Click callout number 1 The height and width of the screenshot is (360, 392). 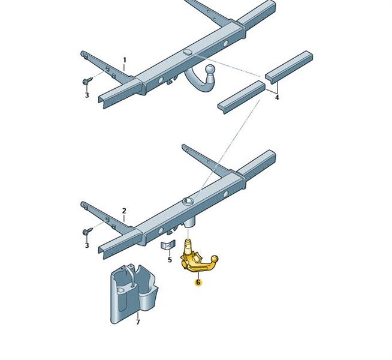click(125, 60)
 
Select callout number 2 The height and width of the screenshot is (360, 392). click(124, 211)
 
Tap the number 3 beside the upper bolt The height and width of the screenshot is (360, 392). click(87, 95)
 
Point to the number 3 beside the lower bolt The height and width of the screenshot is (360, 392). click(87, 245)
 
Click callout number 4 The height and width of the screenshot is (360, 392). click(277, 98)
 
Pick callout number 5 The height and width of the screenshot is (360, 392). click(170, 260)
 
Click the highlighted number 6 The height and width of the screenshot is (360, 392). click(198, 283)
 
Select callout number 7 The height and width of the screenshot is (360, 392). click(138, 322)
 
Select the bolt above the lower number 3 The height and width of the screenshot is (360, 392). click(87, 231)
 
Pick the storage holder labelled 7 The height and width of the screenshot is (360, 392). click(132, 294)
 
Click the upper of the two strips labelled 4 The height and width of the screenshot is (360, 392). click(289, 67)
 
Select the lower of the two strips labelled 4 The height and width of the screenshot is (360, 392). click(242, 97)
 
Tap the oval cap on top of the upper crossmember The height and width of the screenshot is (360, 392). click(187, 52)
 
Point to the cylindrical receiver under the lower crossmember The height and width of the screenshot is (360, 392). click(189, 223)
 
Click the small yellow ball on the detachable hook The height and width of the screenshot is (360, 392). click(215, 259)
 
